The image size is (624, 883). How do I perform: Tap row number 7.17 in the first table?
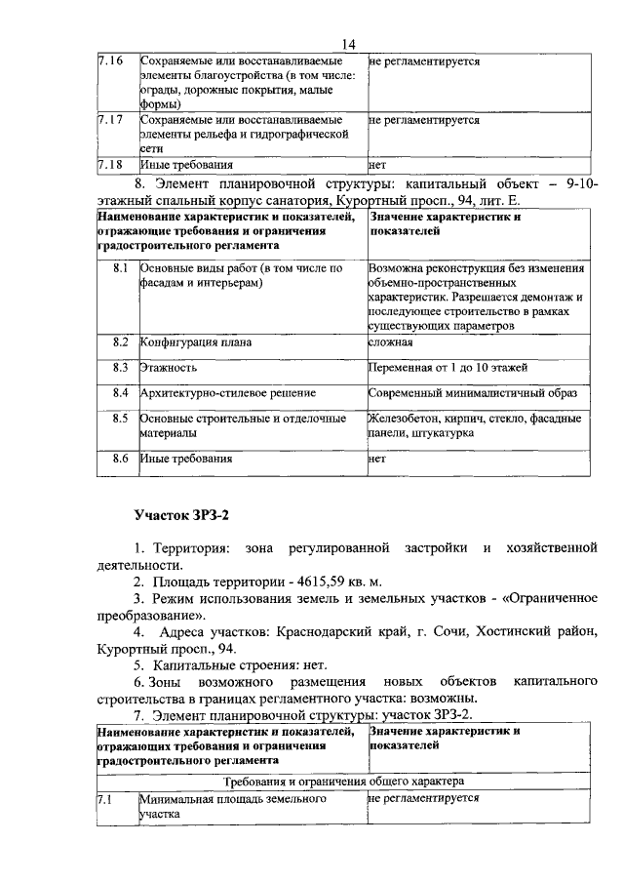pyautogui.click(x=110, y=120)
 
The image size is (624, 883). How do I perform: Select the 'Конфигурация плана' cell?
pyautogui.click(x=195, y=342)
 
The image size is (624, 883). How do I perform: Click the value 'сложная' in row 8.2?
pyautogui.click(x=391, y=342)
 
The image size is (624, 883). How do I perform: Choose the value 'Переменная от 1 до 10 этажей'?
pyautogui.click(x=448, y=368)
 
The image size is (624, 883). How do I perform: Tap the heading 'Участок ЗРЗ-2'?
pyautogui.click(x=186, y=514)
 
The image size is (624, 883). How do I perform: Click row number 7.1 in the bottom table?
pyautogui.click(x=105, y=797)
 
